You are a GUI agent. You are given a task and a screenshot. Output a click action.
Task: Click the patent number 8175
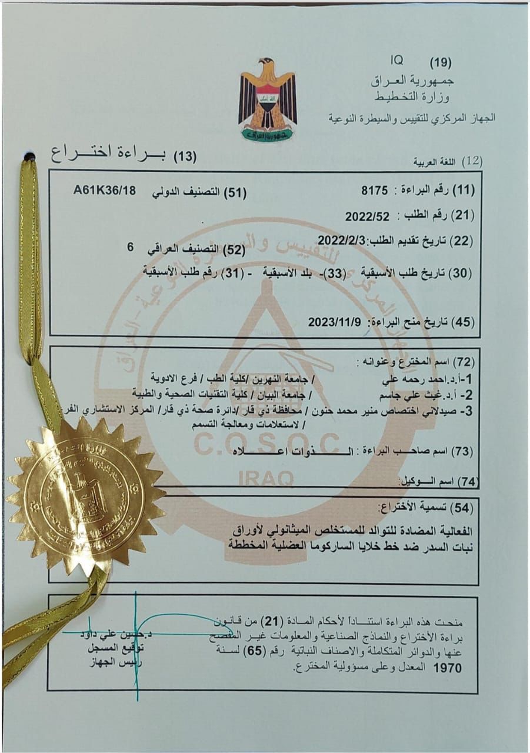coord(376,191)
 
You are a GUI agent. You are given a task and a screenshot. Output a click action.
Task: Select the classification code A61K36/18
coord(105,191)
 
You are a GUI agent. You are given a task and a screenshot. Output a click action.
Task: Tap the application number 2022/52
coord(368,216)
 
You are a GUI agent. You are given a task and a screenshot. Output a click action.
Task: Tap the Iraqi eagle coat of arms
coord(268,99)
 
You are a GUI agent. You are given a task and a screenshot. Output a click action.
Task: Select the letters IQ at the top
coord(395,61)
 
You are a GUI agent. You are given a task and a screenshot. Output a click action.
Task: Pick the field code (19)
coord(441,62)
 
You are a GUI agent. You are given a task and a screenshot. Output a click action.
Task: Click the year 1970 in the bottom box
coord(447,668)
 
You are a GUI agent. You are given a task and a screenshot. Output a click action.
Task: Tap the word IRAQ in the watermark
coord(266,478)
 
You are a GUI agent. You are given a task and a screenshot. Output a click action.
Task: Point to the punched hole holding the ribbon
coord(29,157)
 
